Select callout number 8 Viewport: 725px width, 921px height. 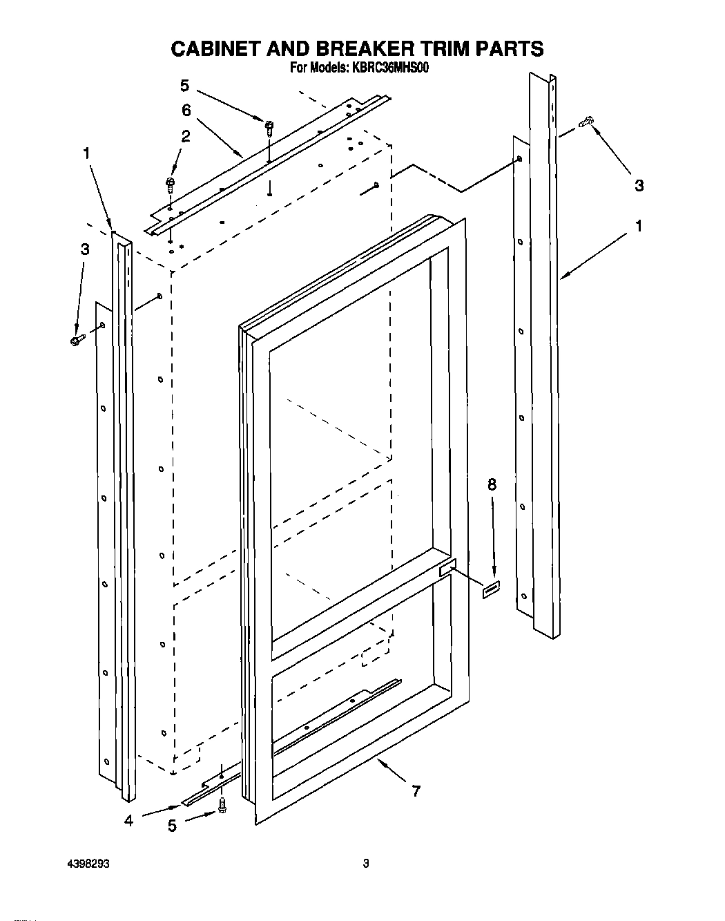click(492, 485)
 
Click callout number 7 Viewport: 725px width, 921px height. click(416, 792)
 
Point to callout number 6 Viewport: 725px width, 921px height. click(186, 110)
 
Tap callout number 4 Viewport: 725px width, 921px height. click(129, 821)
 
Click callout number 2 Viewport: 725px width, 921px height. click(185, 137)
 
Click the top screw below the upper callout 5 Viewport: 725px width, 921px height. click(269, 125)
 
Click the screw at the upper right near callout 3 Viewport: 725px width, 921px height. click(588, 122)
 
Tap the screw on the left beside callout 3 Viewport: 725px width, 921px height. click(77, 340)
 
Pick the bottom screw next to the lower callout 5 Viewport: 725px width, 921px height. click(222, 805)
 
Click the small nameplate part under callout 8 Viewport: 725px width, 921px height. click(490, 591)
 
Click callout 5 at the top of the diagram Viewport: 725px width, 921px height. click(184, 86)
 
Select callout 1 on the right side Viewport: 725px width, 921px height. click(639, 226)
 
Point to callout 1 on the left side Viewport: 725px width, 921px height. click(86, 153)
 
